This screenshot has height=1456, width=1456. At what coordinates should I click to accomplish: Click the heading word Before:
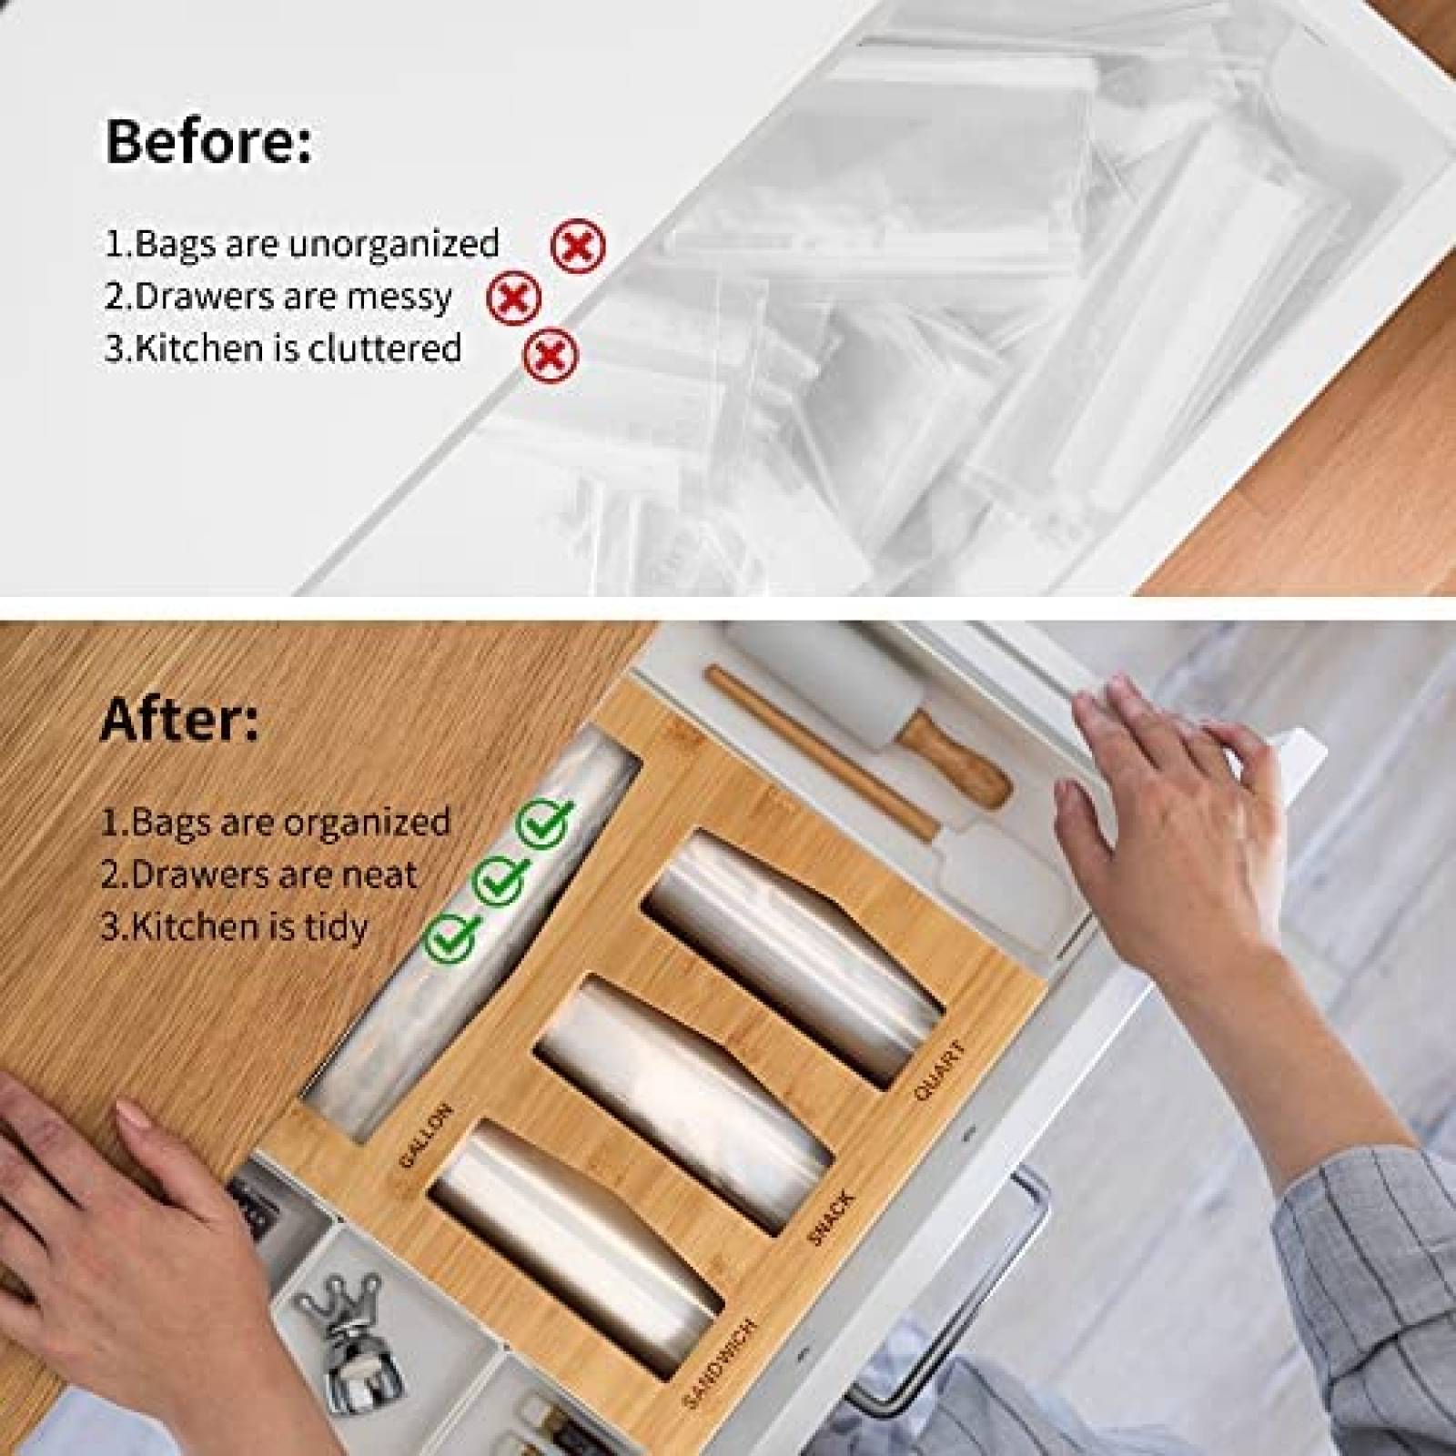pos(208,141)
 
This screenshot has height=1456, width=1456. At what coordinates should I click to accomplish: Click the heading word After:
pos(179,720)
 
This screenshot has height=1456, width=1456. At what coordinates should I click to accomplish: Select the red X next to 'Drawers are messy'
pos(514,298)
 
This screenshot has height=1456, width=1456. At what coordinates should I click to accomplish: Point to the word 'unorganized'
pos(393,244)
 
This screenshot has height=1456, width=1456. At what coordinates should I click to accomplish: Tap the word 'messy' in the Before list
pos(406,298)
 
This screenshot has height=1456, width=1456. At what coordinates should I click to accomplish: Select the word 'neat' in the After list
pos(375,875)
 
